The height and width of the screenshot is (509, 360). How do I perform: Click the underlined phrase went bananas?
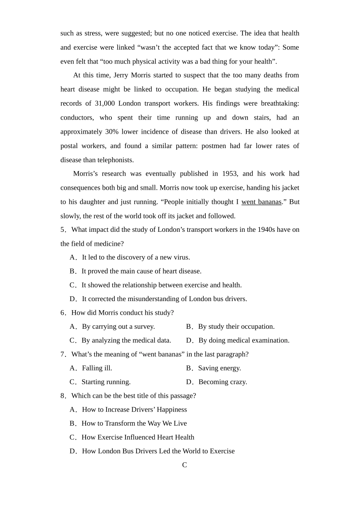pos(261,202)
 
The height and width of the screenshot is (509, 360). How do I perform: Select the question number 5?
pos(63,230)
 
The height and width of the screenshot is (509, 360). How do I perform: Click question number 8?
pos(63,396)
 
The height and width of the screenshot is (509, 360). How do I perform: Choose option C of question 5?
pos(161,285)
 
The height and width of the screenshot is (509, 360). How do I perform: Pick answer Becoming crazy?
pos(222,382)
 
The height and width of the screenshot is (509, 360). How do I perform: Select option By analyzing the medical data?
pos(126,340)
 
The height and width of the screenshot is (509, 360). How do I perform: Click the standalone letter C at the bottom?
pos(185,465)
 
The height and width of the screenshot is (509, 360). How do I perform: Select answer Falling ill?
pos(97,368)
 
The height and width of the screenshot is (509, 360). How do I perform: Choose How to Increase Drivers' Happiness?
pos(134,410)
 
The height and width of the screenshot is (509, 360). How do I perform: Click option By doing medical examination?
pos(244,340)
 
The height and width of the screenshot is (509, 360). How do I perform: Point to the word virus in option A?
pos(181,258)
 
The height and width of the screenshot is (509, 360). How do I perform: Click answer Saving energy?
pos(219,368)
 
